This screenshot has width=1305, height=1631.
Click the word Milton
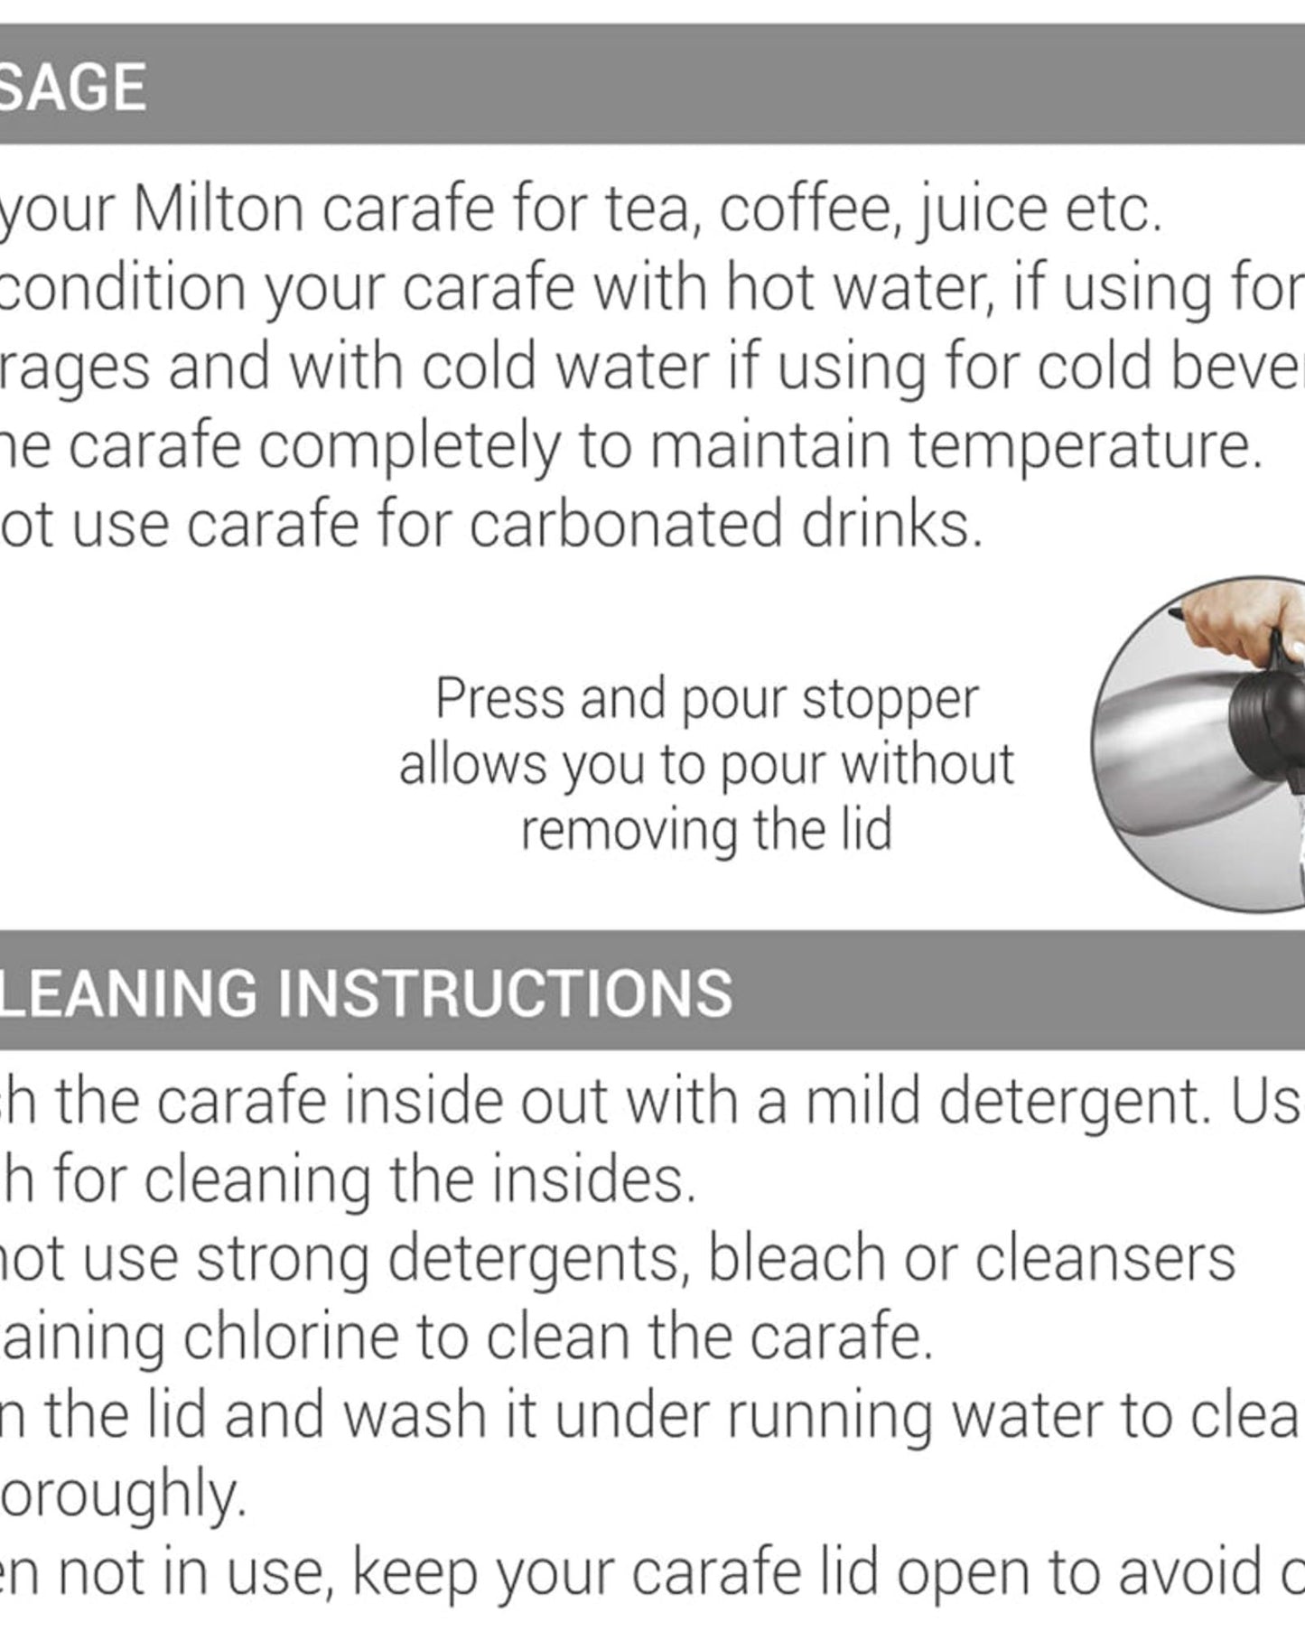(x=216, y=210)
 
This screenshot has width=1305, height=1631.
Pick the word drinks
(x=890, y=525)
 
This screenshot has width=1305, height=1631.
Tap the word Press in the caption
(x=502, y=698)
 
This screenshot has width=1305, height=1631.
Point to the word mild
(x=862, y=1102)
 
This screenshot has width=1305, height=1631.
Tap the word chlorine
(x=292, y=1337)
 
